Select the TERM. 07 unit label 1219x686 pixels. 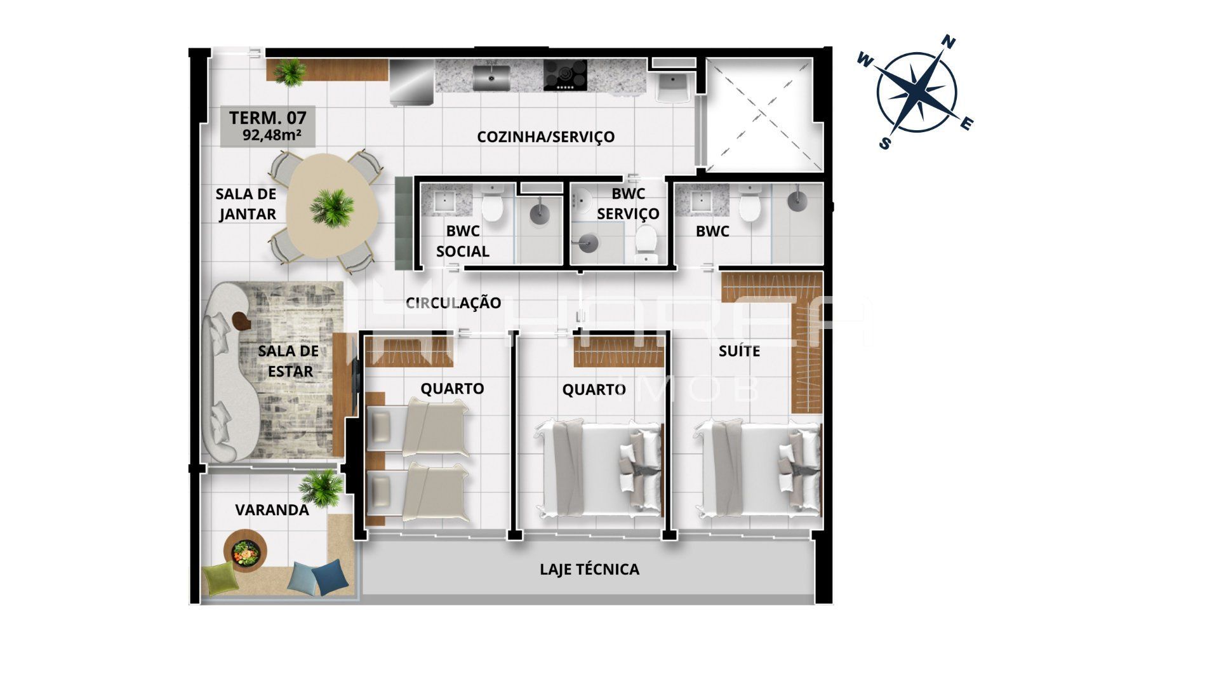(x=268, y=118)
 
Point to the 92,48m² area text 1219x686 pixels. (x=271, y=135)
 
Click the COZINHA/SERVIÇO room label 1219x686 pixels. (x=546, y=137)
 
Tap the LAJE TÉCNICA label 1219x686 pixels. (x=590, y=569)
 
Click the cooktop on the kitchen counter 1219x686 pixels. (x=565, y=75)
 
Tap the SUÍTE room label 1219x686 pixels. (x=740, y=351)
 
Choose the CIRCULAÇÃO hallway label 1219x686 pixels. (x=453, y=303)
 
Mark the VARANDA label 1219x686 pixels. (x=272, y=510)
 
